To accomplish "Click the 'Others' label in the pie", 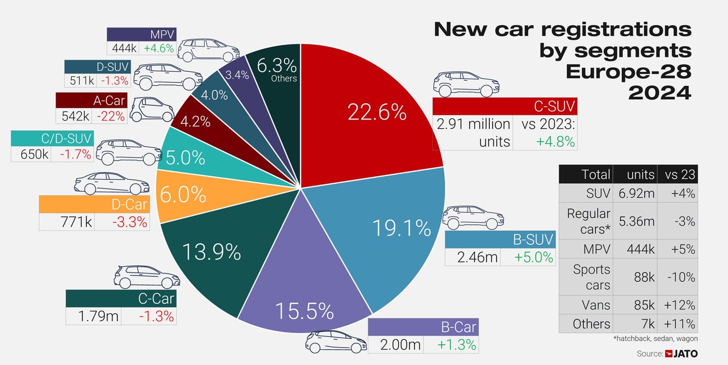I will point(283,78).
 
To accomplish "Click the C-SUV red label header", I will point(504,106).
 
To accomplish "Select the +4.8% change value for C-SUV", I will point(555,141).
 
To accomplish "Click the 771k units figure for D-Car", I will point(76,221).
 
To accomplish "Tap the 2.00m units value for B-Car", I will point(400,345).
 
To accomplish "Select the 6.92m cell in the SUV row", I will point(636,193).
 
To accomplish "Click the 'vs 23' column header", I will point(679,174).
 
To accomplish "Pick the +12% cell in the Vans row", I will point(679,305).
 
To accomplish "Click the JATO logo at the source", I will point(682,354).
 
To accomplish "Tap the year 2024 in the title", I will point(660,93).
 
